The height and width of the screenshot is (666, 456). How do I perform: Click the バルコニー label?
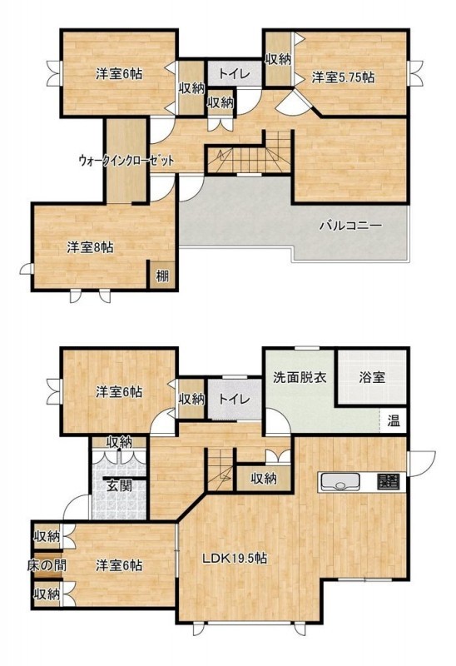(350, 225)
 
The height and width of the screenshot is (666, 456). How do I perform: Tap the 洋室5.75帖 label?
(343, 77)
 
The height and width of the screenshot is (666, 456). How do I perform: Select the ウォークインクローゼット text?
(126, 161)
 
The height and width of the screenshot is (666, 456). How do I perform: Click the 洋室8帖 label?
(90, 247)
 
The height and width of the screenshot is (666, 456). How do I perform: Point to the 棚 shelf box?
(161, 276)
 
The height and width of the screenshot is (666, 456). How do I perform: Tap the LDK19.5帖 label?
(235, 558)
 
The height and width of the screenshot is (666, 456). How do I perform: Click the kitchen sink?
(340, 482)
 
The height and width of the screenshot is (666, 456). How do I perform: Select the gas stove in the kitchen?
(388, 482)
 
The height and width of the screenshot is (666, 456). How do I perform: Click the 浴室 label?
(372, 378)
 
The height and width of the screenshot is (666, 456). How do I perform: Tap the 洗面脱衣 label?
(300, 377)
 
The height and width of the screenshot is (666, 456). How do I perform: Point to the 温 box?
(393, 421)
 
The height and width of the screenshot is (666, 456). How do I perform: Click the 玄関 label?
(119, 485)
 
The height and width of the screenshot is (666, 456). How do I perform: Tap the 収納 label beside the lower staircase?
(264, 479)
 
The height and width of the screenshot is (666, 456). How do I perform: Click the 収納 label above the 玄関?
(119, 442)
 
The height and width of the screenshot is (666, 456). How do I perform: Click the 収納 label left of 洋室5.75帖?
(278, 59)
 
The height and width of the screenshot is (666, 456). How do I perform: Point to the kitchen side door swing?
(423, 462)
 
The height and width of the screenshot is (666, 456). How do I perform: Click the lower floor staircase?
(221, 470)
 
